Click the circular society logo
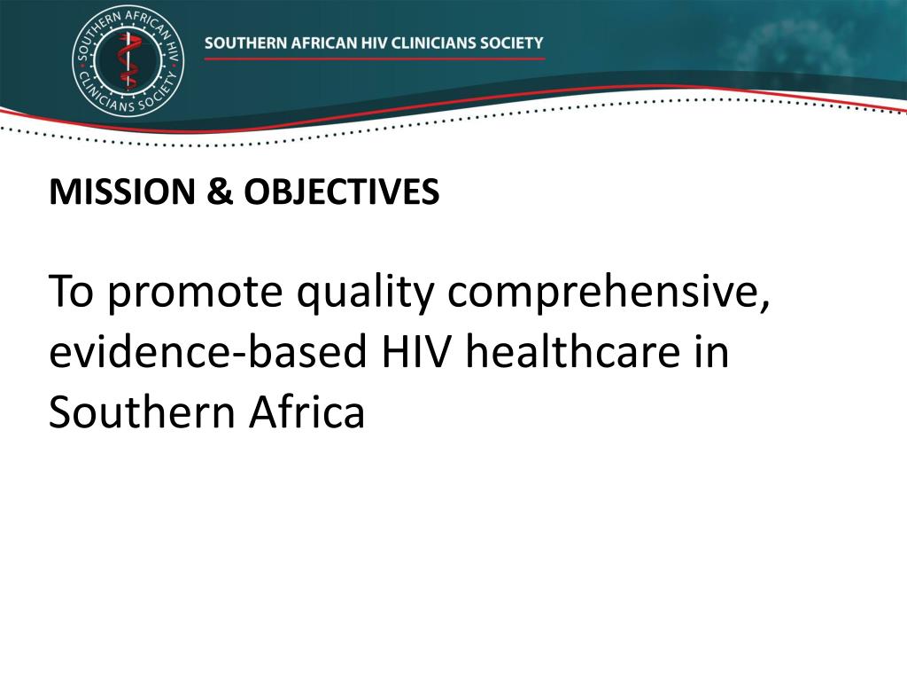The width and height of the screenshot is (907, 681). pos(128,59)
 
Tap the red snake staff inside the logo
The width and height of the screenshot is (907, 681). pos(128,59)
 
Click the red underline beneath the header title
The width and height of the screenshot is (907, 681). pos(374,59)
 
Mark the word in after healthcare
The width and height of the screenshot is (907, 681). pos(716,353)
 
